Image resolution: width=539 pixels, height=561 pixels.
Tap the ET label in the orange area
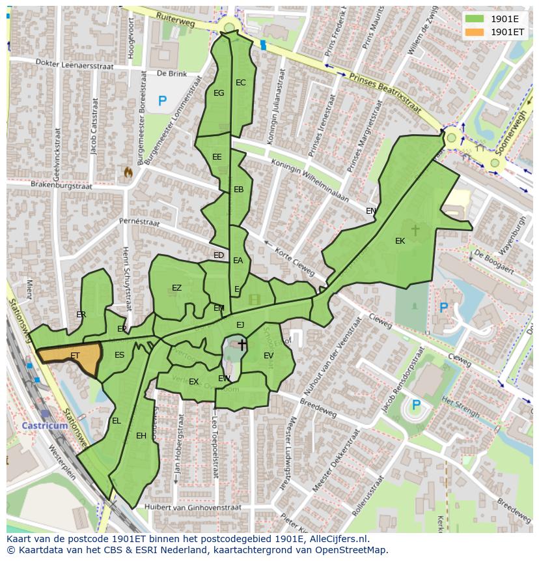[75, 356]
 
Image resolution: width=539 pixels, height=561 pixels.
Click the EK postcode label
[400, 241]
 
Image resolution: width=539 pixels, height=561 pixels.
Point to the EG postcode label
[219, 93]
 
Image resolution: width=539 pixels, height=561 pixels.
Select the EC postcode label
[241, 83]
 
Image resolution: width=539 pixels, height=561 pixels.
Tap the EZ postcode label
[176, 288]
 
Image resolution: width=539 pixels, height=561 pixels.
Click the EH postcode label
[141, 436]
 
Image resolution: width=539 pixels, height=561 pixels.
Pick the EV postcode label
[268, 355]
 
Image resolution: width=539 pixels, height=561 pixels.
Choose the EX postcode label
[193, 382]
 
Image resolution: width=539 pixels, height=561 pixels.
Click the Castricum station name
[44, 425]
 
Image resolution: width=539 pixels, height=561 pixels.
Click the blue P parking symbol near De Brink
[162, 101]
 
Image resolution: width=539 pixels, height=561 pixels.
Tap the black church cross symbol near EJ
[242, 344]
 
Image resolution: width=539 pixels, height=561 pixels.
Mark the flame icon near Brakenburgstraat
[128, 172]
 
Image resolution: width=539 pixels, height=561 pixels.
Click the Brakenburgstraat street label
[61, 185]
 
